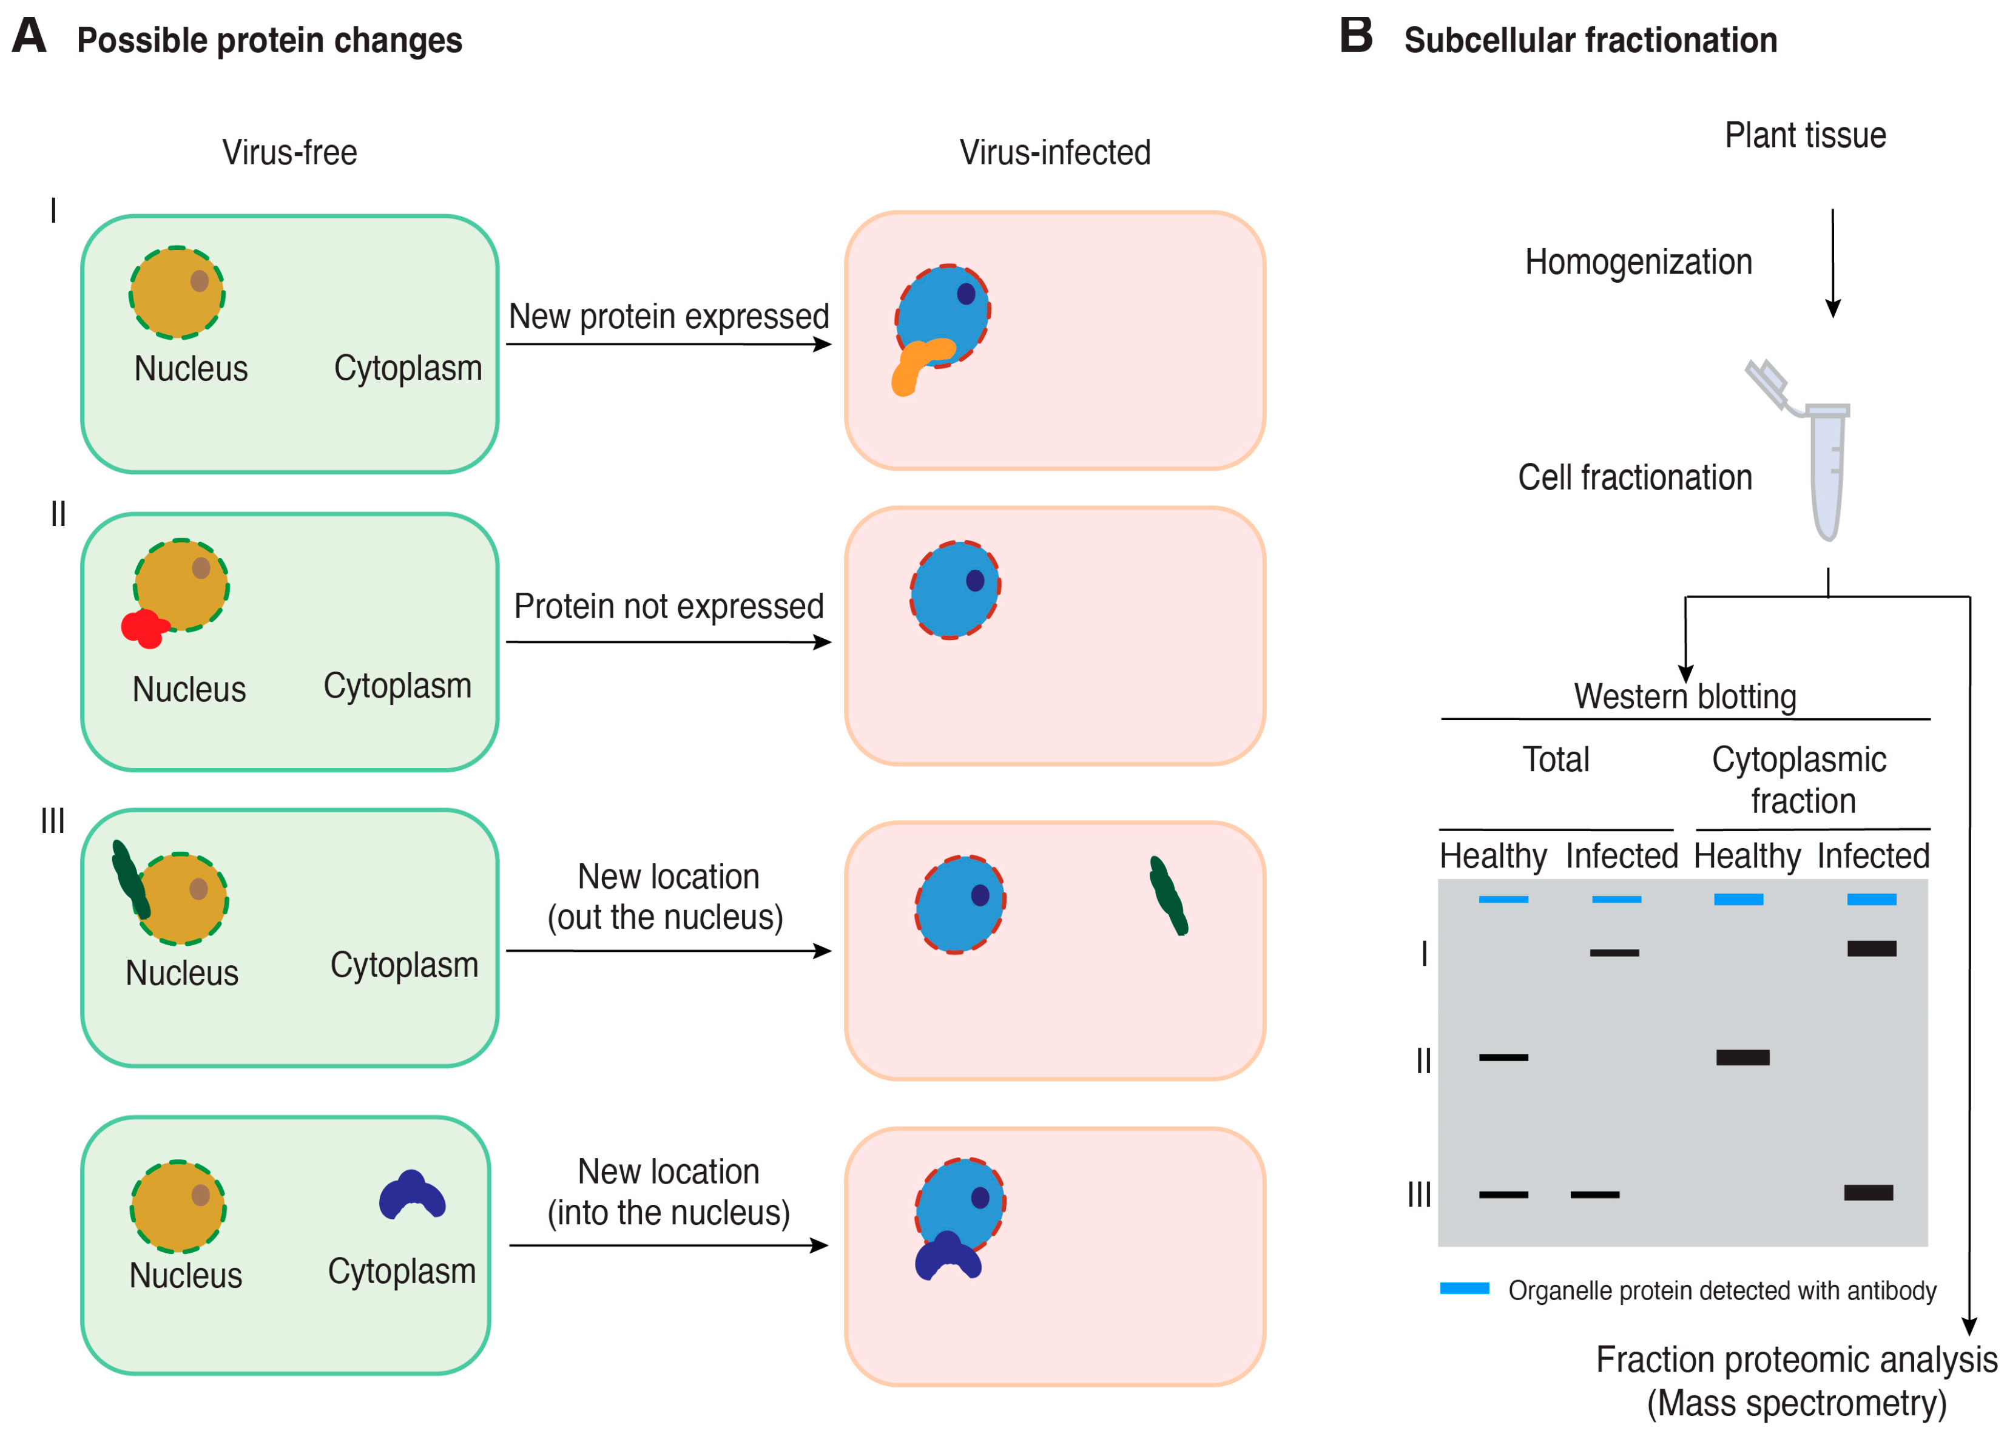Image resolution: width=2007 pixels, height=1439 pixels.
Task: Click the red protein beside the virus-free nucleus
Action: tap(143, 627)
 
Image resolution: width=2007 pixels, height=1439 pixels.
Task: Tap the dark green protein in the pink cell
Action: tap(1167, 895)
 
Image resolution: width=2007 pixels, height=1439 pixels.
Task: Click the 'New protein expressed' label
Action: tap(668, 316)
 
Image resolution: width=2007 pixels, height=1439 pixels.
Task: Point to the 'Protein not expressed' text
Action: tap(668, 606)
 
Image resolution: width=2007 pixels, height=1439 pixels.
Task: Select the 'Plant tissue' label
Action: tap(1804, 135)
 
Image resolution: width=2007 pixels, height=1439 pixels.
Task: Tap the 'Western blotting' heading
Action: tap(1684, 696)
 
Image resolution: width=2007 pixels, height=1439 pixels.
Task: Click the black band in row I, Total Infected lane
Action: tap(1613, 953)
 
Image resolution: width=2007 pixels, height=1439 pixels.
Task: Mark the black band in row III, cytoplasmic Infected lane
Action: tap(1867, 1193)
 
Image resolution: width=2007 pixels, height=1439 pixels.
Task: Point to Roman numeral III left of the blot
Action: tap(1418, 1195)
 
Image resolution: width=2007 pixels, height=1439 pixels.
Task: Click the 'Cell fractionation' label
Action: tap(1634, 478)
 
